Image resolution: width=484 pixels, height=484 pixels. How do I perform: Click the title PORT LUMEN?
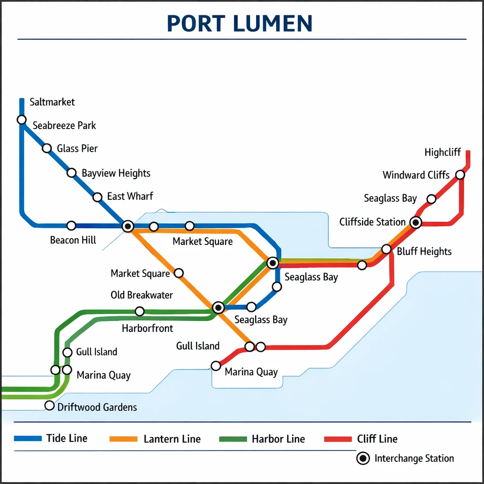click(x=240, y=23)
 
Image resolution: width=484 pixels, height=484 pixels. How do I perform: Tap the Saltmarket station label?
click(x=52, y=102)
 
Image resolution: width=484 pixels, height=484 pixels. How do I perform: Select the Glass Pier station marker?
click(x=47, y=148)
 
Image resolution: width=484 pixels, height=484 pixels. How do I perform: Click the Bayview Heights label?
click(x=116, y=173)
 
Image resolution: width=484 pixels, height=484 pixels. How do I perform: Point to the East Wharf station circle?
click(x=97, y=197)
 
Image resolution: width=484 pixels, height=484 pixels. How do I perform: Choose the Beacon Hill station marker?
click(x=71, y=225)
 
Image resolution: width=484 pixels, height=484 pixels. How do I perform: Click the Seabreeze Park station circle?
click(x=22, y=120)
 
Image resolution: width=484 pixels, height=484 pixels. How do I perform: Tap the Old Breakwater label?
click(x=142, y=295)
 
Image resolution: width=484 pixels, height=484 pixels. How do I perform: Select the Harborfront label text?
click(x=147, y=328)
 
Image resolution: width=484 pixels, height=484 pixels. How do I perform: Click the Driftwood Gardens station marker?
click(x=49, y=406)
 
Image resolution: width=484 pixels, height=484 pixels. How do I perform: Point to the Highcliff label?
click(x=442, y=152)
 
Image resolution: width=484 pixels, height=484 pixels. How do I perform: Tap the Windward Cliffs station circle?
click(x=460, y=175)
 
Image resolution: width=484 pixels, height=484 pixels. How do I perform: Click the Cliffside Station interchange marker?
click(x=415, y=222)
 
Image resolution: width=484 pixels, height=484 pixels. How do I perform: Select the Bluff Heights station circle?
click(x=386, y=249)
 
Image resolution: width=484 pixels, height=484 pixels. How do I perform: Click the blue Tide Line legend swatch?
click(x=28, y=439)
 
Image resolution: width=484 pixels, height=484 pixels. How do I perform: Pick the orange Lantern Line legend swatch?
click(x=123, y=439)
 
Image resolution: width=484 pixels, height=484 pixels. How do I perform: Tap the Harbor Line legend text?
click(x=278, y=439)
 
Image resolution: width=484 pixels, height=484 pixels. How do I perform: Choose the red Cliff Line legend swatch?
click(x=338, y=439)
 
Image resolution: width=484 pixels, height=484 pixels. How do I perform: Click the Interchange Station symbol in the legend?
click(x=363, y=458)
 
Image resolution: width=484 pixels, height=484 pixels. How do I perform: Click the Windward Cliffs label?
click(x=416, y=175)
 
